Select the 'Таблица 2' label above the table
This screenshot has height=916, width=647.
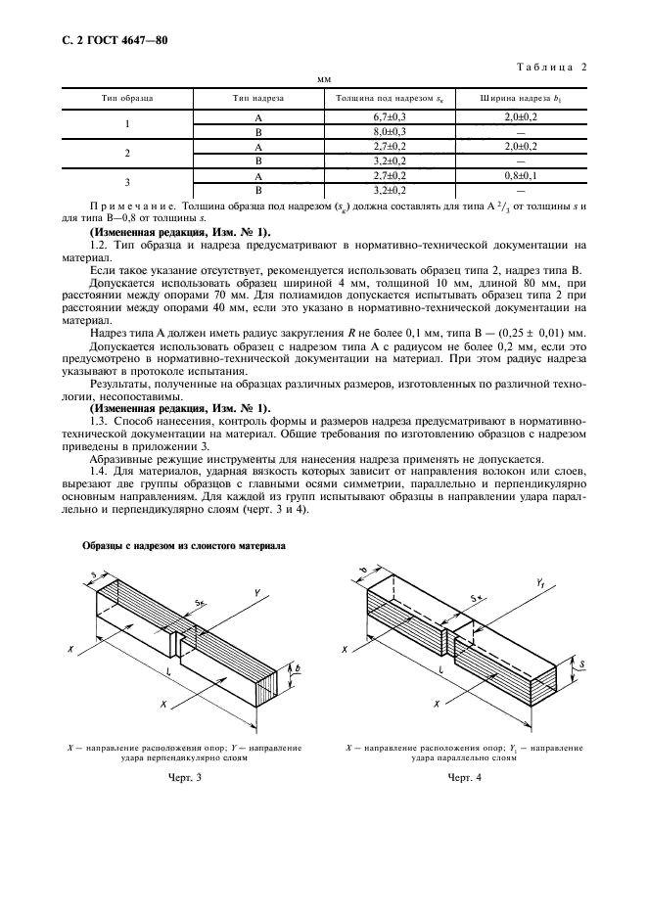[548, 68]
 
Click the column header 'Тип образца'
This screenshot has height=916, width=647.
[127, 98]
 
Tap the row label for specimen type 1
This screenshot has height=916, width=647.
[127, 123]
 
